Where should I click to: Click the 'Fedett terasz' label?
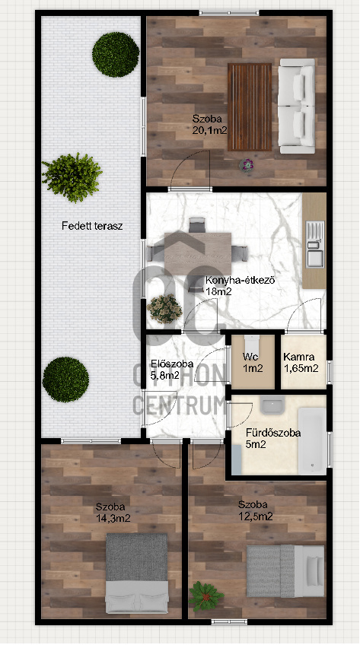[91, 226]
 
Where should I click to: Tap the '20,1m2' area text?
[209, 130]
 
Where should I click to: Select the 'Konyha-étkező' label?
[241, 280]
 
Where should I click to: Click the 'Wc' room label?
[252, 356]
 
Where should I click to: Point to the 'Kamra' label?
[300, 356]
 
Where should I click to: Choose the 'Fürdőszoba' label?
[272, 433]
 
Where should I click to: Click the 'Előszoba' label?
[172, 364]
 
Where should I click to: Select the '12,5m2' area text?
[254, 516]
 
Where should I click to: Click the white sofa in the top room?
[295, 104]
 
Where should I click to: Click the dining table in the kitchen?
[198, 250]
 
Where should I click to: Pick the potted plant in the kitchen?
[164, 308]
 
